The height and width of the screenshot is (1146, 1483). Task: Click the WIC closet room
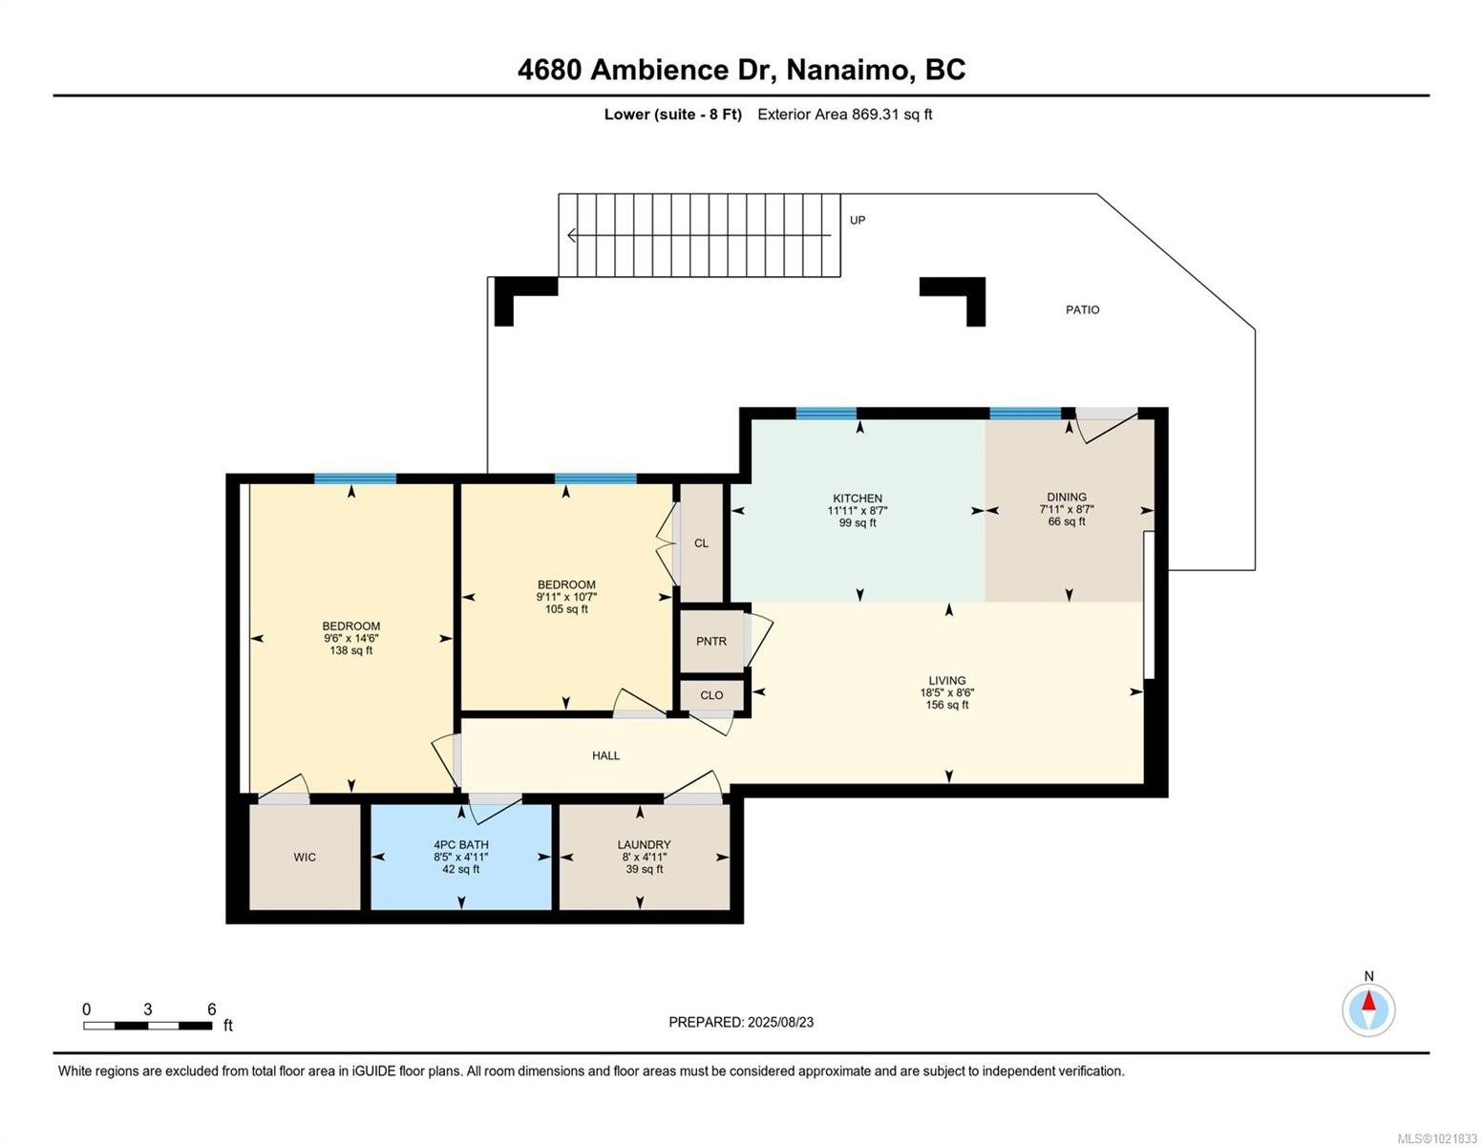pyautogui.click(x=305, y=857)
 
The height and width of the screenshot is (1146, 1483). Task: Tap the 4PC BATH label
pyautogui.click(x=461, y=844)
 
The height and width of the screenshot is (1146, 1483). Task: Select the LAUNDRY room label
pyautogui.click(x=644, y=844)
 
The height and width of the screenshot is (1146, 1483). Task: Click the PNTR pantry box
pyautogui.click(x=711, y=642)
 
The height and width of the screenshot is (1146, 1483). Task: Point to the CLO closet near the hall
pyautogui.click(x=711, y=695)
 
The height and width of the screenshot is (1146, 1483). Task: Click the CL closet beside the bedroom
pyautogui.click(x=701, y=543)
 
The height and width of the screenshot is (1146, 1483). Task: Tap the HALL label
pyautogui.click(x=605, y=755)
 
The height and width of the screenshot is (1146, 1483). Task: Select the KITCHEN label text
pyautogui.click(x=858, y=499)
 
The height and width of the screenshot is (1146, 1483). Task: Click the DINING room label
pyautogui.click(x=1067, y=497)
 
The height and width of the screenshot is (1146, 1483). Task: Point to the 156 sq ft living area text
pyautogui.click(x=946, y=705)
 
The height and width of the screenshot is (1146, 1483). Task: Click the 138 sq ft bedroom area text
pyautogui.click(x=350, y=650)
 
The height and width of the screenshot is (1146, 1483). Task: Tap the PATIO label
pyautogui.click(x=1082, y=309)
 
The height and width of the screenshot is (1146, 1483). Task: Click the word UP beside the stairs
pyautogui.click(x=858, y=220)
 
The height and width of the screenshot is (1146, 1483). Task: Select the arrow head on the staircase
pyautogui.click(x=572, y=235)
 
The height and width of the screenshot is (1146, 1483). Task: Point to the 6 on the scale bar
pyautogui.click(x=212, y=1009)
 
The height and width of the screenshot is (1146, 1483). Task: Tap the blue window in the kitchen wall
pyautogui.click(x=826, y=414)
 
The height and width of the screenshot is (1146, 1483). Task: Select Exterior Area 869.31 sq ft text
pyautogui.click(x=844, y=115)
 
